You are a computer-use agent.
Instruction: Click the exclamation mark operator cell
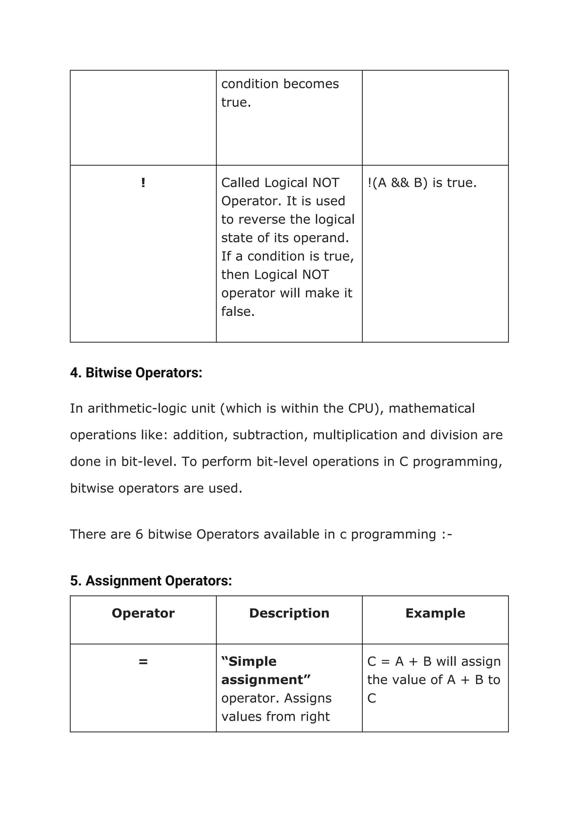pyautogui.click(x=143, y=183)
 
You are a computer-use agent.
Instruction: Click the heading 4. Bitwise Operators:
pyautogui.click(x=136, y=373)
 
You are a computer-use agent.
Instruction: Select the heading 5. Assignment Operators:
pyautogui.click(x=151, y=581)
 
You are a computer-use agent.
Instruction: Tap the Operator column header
pyautogui.click(x=143, y=613)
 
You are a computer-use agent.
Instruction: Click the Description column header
pyautogui.click(x=289, y=613)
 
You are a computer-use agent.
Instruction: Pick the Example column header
pyautogui.click(x=435, y=613)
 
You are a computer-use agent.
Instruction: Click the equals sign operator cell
pyautogui.click(x=143, y=662)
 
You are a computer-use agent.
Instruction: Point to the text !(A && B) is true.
pyautogui.click(x=422, y=183)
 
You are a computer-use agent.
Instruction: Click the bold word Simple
pyautogui.click(x=252, y=662)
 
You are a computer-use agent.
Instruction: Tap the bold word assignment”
pyautogui.click(x=266, y=680)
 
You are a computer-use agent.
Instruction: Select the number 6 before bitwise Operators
pyautogui.click(x=139, y=534)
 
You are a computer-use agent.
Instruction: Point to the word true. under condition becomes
pyautogui.click(x=236, y=102)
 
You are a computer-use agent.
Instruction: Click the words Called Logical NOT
pyautogui.click(x=280, y=183)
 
